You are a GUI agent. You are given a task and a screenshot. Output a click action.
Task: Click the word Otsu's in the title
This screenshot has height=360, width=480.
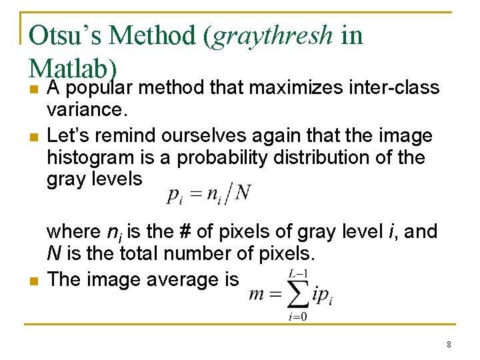[x=64, y=35]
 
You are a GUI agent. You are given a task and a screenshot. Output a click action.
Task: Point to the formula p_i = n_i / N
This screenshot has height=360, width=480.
[x=208, y=193]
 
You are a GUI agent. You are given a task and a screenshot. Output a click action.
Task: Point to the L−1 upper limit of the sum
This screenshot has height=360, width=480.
[x=297, y=273]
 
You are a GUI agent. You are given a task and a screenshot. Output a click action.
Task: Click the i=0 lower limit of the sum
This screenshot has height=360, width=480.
[x=297, y=317]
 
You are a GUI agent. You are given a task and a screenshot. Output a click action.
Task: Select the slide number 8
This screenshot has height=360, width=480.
[x=449, y=345]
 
